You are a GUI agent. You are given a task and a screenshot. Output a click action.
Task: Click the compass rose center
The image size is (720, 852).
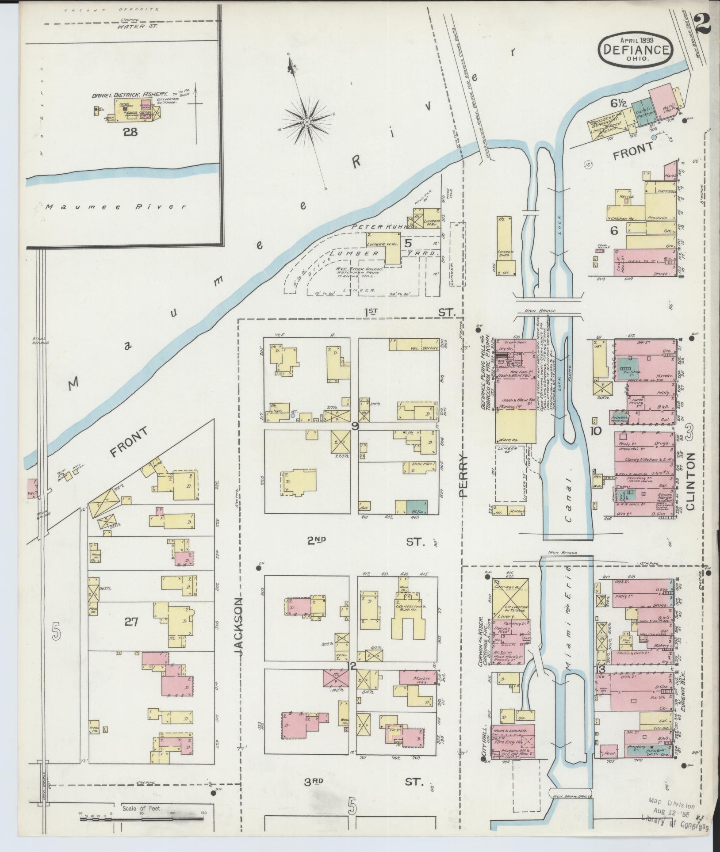tap(306, 121)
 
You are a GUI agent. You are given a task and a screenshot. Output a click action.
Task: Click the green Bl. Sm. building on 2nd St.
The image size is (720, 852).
tap(417, 507)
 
